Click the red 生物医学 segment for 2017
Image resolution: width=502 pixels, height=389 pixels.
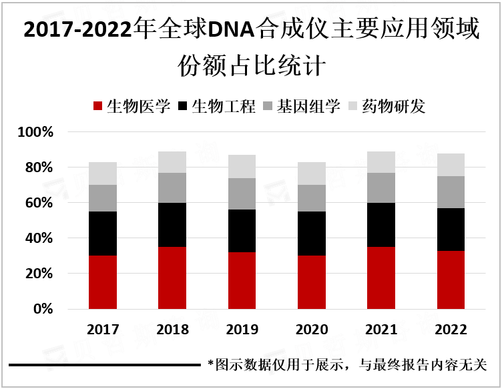coord(103,282)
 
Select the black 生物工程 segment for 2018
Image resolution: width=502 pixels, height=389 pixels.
coord(172,225)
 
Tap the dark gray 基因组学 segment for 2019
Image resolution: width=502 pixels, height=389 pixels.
coord(242,193)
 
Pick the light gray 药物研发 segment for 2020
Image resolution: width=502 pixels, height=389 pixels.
coord(312,173)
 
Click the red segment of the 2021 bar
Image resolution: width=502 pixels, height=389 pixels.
coord(381,278)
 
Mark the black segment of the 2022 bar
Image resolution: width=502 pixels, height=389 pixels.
coord(451,229)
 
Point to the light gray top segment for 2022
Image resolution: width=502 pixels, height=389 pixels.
coord(451,165)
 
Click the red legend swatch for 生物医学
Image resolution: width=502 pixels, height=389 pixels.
coord(98,107)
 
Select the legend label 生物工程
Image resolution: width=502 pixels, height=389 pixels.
coord(224,107)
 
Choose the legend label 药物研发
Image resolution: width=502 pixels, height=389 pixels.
coord(393,107)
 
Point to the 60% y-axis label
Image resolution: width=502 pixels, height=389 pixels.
coord(39,203)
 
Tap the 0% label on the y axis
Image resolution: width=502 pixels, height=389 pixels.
coord(42,309)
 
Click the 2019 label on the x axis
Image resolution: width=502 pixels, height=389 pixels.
coord(242,330)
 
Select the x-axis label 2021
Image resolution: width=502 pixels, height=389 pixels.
coord(381,330)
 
